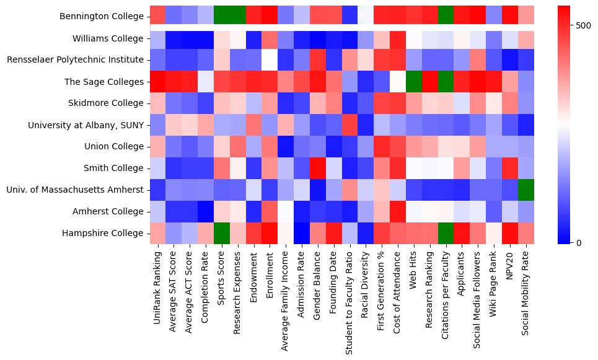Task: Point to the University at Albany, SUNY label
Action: coord(86,125)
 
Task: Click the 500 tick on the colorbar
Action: coord(583,25)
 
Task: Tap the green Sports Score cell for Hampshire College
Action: coord(222,233)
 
